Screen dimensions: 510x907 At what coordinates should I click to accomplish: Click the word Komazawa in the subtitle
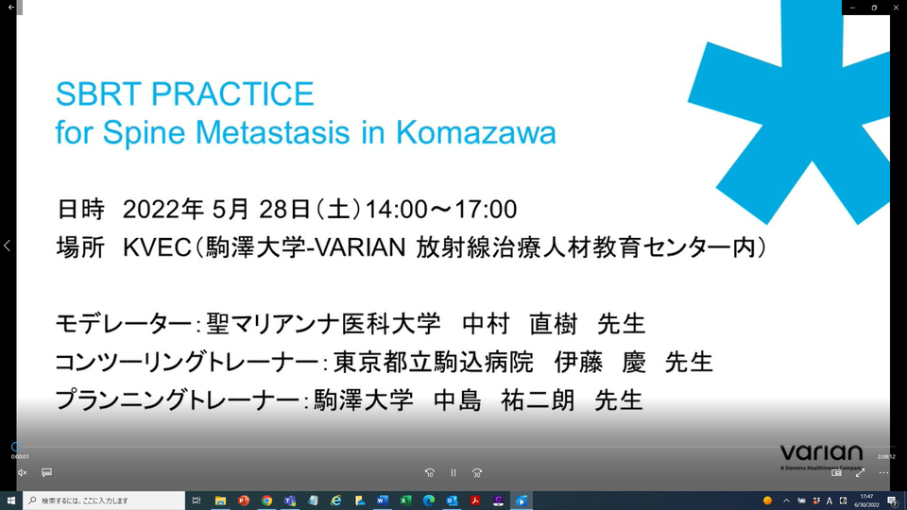point(476,132)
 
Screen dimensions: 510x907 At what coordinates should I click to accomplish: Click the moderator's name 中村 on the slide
point(487,325)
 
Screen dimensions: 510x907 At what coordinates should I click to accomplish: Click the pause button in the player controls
point(453,472)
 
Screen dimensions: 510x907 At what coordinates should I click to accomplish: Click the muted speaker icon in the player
point(23,472)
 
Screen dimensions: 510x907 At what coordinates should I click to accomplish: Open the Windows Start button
point(11,501)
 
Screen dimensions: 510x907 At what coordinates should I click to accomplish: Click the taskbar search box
point(104,501)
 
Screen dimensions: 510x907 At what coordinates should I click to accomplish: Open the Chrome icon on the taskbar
point(266,501)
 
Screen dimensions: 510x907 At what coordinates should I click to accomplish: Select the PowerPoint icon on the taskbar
point(243,501)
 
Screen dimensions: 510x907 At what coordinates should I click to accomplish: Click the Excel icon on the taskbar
point(405,501)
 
